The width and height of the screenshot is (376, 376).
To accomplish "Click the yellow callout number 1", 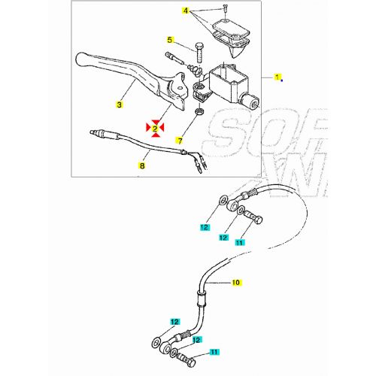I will tap(277, 77).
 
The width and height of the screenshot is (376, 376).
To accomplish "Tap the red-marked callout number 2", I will tap(155, 129).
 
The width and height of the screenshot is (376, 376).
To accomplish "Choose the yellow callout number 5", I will tap(171, 40).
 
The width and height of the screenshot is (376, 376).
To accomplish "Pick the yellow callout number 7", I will tap(180, 140).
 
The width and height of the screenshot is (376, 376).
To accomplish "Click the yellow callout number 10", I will tap(235, 284).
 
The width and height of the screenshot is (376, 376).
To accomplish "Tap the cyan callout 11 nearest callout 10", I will tap(239, 243).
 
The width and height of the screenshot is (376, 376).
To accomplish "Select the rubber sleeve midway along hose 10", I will tap(201, 296).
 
